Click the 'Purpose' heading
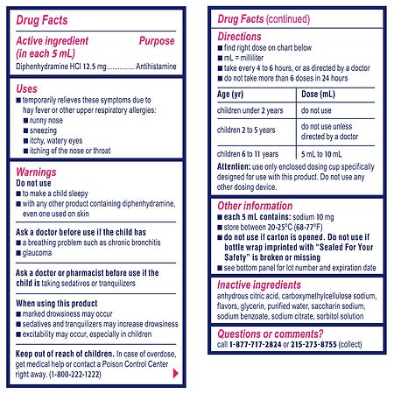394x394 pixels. coord(157,41)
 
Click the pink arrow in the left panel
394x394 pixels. coord(176,373)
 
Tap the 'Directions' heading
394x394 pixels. coord(242,40)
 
